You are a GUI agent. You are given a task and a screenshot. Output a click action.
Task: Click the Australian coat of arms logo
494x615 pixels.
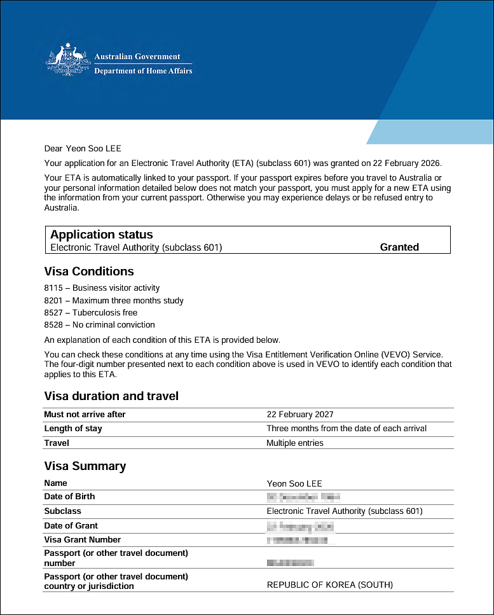[x=66, y=62]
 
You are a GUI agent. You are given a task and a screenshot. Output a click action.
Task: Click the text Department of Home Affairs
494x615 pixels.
[x=143, y=71]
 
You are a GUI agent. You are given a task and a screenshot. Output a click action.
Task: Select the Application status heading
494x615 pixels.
[x=102, y=235]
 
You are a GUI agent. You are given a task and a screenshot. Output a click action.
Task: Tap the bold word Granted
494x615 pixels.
[x=399, y=247]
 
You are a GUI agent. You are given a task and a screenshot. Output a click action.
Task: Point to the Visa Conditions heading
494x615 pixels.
[x=89, y=272]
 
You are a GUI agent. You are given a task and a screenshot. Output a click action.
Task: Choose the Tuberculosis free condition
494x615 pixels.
[x=105, y=312]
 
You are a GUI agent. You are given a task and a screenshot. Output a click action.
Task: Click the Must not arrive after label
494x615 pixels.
[x=85, y=415]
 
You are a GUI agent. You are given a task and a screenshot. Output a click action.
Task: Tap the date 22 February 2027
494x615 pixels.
[x=300, y=415]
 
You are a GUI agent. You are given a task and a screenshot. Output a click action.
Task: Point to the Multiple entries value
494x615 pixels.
[x=295, y=443]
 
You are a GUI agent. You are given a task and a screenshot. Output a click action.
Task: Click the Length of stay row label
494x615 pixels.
[x=73, y=429]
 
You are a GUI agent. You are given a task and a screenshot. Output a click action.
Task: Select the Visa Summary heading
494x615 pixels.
[x=85, y=466]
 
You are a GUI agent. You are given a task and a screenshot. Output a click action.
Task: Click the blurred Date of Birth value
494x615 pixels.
[x=304, y=497]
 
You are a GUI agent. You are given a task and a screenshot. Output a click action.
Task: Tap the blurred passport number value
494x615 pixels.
[x=291, y=563]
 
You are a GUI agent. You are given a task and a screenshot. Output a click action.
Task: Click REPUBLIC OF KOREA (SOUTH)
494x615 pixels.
[x=330, y=584]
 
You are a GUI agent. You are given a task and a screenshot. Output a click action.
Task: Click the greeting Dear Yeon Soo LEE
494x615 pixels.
[x=83, y=149]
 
